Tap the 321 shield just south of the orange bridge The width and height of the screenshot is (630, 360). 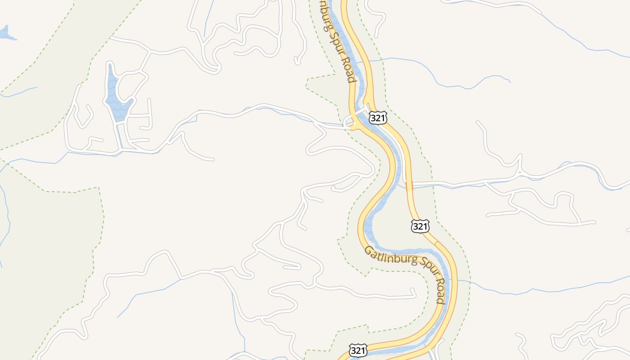point(419,226)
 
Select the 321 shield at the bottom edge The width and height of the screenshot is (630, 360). point(358,351)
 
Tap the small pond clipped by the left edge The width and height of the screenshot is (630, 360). point(5,33)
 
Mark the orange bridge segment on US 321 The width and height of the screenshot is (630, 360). point(409,186)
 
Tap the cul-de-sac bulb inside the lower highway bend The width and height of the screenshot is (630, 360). point(413,293)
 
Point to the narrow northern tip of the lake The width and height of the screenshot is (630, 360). point(110,67)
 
